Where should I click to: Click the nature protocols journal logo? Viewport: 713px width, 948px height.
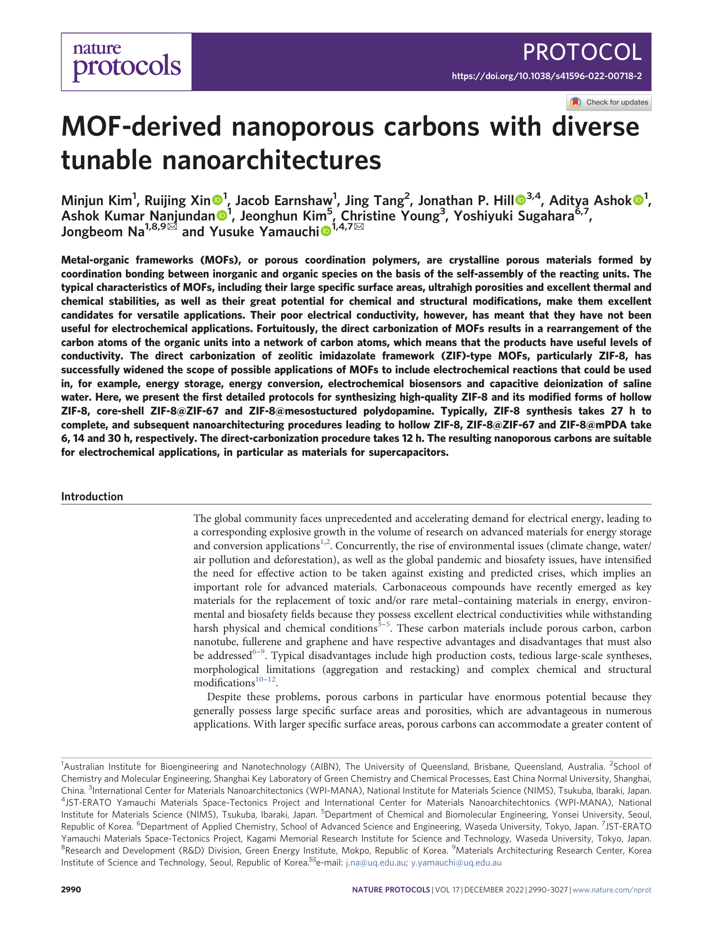coord(126,62)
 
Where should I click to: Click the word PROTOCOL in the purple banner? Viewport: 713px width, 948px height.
coord(582,52)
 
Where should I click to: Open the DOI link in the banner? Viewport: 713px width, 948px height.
coord(547,76)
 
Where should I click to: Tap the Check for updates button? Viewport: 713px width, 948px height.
coord(609,103)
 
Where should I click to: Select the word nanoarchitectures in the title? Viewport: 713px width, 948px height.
coord(272,161)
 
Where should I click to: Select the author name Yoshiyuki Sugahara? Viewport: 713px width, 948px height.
coord(513,216)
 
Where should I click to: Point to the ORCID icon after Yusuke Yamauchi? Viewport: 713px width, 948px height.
coord(326,232)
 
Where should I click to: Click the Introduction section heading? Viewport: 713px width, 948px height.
coord(92,497)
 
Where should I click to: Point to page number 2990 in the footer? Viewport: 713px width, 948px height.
coord(71,890)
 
